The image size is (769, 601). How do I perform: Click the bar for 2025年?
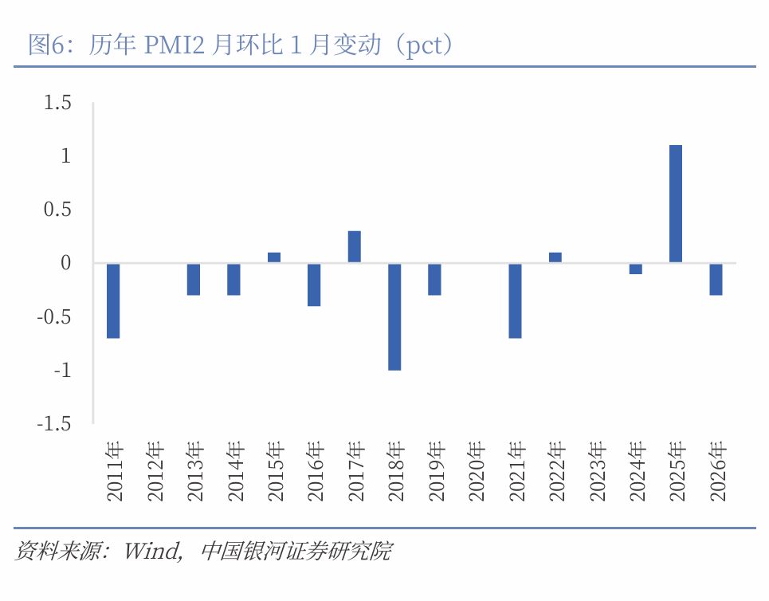click(x=675, y=204)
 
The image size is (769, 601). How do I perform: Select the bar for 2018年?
click(x=394, y=316)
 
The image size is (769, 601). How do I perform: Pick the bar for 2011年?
click(x=113, y=300)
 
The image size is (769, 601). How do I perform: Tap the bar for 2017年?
click(x=355, y=247)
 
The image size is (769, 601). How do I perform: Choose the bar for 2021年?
click(x=515, y=300)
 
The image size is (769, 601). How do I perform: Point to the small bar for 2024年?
click(x=635, y=269)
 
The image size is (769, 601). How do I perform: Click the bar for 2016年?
click(x=314, y=285)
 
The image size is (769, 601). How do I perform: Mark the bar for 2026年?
click(x=716, y=279)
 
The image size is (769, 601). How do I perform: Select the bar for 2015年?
click(x=274, y=257)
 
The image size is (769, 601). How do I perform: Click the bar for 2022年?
click(x=555, y=257)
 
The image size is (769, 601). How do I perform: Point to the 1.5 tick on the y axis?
click(x=58, y=103)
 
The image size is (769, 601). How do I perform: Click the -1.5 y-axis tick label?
click(x=54, y=424)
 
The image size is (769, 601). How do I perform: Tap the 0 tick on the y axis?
click(x=66, y=263)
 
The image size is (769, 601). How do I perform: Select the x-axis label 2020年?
click(x=476, y=470)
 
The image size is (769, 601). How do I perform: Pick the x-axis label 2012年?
click(x=155, y=470)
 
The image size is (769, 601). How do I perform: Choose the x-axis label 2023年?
click(x=596, y=470)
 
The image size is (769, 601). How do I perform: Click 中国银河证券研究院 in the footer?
click(x=296, y=551)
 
